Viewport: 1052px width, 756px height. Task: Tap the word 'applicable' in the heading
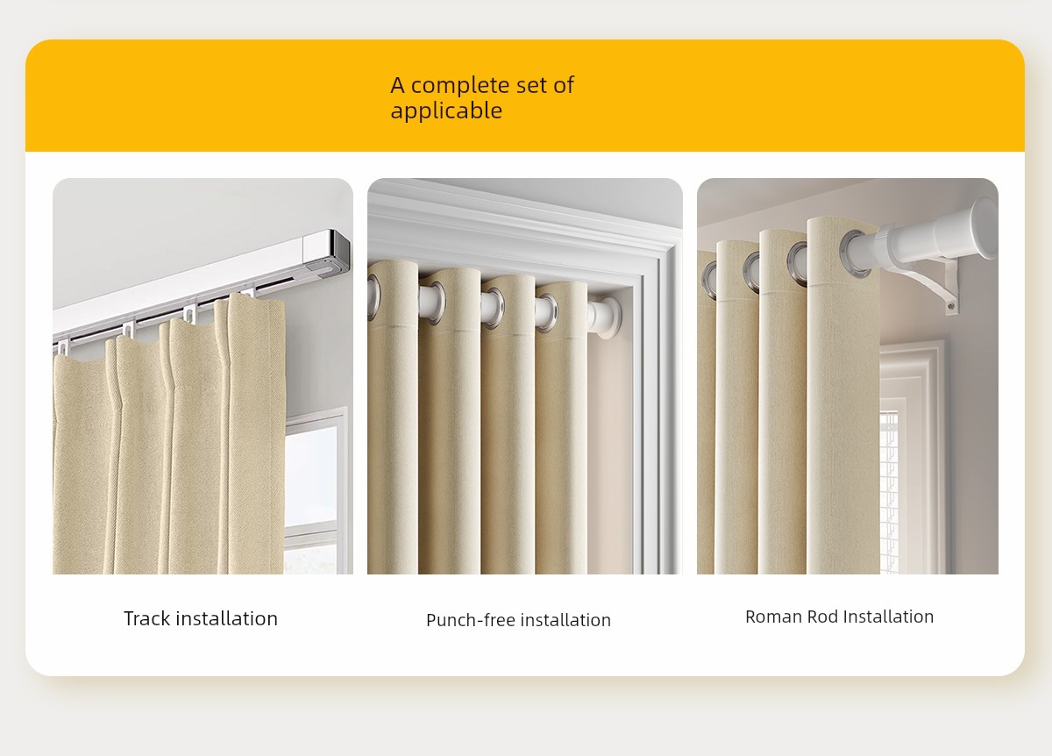[446, 111]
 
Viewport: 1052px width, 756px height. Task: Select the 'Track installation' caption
[201, 618]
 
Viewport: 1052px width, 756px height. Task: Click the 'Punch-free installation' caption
[518, 620]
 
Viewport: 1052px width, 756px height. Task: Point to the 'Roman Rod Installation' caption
[839, 617]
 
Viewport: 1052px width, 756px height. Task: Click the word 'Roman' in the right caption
[773, 617]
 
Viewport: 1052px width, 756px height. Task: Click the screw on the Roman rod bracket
[950, 307]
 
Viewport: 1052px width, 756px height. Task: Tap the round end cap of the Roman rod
[984, 228]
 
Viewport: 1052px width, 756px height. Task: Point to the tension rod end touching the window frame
[607, 317]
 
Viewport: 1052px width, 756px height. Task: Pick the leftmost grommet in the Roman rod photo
[708, 281]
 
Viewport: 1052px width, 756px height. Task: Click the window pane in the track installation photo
[312, 477]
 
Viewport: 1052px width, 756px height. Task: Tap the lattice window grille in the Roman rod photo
[889, 491]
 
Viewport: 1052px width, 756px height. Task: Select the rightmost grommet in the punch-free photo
[547, 313]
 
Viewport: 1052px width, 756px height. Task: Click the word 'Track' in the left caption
[147, 618]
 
